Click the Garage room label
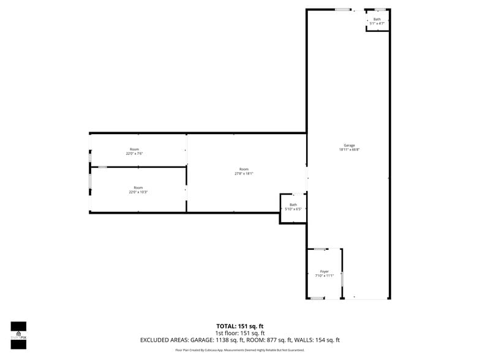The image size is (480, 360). click(349, 145)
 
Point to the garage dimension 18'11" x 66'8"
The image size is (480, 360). click(349, 149)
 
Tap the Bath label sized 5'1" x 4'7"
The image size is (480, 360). click(377, 19)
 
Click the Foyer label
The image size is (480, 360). click(324, 271)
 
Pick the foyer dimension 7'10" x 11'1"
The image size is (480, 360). click(324, 276)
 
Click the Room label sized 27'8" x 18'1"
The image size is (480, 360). click(244, 169)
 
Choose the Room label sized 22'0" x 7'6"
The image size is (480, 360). click(134, 149)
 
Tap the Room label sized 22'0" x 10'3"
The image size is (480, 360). click(138, 187)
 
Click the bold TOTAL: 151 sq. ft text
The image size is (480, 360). click(240, 326)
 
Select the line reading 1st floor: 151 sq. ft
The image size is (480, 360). click(240, 333)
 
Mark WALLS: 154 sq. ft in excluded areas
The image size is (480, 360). click(327, 340)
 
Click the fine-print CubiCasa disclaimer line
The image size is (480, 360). click(240, 350)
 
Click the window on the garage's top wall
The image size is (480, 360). click(343, 9)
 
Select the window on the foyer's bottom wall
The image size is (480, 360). click(317, 298)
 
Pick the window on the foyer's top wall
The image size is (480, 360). click(320, 249)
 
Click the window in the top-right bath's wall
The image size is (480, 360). click(380, 9)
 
